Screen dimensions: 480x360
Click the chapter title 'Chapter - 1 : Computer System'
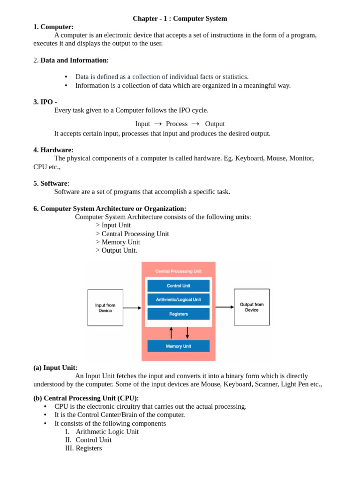tap(180, 19)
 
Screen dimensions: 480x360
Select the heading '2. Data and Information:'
tap(71, 60)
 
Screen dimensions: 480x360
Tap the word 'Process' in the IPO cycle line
tap(176, 124)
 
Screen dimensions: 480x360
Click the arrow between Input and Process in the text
tap(158, 124)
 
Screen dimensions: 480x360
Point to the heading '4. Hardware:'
tap(53, 150)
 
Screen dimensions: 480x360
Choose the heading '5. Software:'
tap(52, 183)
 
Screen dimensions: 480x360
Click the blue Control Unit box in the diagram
tap(178, 286)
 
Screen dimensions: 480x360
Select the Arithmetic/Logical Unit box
tap(178, 300)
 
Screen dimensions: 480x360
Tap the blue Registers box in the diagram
tap(178, 314)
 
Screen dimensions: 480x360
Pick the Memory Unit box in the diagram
tap(178, 346)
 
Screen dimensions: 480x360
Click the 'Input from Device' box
tap(105, 307)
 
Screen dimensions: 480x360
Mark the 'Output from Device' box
tap(252, 307)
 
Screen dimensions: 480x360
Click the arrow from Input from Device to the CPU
tap(132, 308)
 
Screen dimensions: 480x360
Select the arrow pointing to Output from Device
tap(225, 307)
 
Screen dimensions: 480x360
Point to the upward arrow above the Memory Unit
tap(171, 332)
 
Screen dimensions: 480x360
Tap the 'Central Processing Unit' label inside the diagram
tap(178, 271)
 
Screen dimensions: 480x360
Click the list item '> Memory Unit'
tap(118, 242)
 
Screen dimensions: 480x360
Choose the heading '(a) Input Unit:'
tap(55, 367)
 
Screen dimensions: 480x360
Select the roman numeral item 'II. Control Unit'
tap(88, 440)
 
